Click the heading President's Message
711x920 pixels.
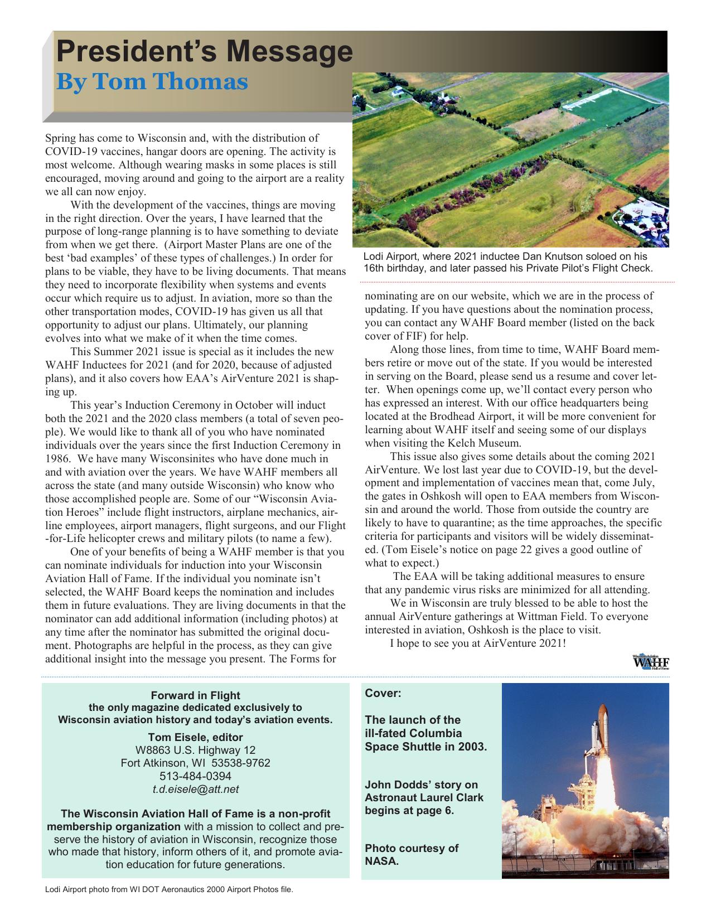pos(204,52)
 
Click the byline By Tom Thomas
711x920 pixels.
pos(152,82)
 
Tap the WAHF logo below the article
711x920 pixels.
pos(651,662)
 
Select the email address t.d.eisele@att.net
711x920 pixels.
pos(195,789)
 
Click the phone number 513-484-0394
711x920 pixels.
pos(195,776)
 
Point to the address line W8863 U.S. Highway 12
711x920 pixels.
pos(195,750)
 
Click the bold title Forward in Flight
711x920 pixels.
pos(195,695)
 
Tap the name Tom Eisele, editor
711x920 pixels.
pos(195,737)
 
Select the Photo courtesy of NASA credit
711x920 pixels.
pos(411,854)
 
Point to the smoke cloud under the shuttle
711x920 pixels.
pos(580,825)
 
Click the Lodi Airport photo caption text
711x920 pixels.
pos(507,262)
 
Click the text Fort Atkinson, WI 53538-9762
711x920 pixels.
pos(195,763)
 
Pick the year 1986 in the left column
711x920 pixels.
pos(57,459)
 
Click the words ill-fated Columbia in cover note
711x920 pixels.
pos(413,733)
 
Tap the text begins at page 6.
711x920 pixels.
pos(409,810)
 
